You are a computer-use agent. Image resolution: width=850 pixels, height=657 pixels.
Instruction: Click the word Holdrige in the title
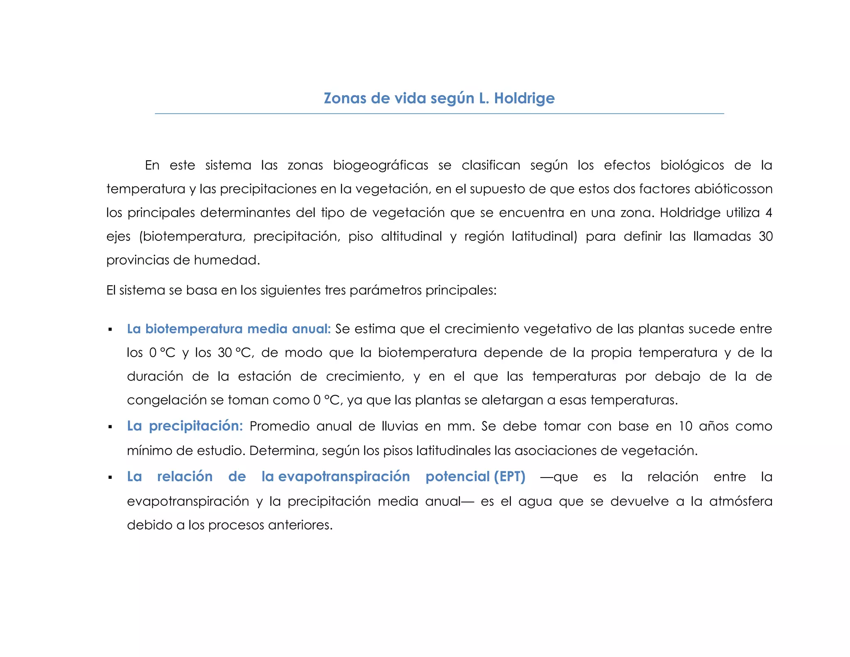coord(524,98)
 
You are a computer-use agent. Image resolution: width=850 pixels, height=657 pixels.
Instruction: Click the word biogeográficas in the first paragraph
coord(380,165)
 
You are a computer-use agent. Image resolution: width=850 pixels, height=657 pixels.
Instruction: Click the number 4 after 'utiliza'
coord(769,213)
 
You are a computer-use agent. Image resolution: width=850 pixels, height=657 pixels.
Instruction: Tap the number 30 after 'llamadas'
coord(765,236)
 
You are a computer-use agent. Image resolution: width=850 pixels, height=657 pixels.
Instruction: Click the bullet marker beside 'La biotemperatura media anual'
coord(110,330)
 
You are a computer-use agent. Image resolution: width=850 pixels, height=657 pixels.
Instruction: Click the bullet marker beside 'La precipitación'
coord(110,427)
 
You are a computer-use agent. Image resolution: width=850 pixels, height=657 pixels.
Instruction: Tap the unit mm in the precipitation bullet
coord(461,426)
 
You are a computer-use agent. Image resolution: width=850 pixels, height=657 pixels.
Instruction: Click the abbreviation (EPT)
coord(510,476)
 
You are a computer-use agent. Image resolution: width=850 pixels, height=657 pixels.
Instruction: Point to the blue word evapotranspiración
coord(344,476)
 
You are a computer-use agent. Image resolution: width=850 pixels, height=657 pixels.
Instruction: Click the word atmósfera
coord(740,501)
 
